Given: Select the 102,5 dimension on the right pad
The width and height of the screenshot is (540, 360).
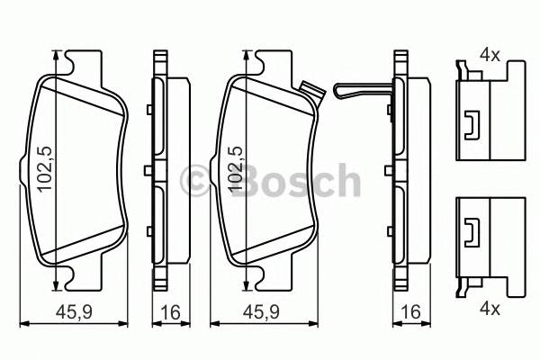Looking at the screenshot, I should pos(237,170).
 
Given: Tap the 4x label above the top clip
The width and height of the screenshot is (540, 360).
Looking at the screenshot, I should pos(489,55).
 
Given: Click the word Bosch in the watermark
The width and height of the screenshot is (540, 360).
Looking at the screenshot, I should pos(296,181).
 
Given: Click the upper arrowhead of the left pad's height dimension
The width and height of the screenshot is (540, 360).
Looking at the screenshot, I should pos(58,57).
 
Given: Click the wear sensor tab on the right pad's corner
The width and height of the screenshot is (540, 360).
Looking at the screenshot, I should pos(312,91).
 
